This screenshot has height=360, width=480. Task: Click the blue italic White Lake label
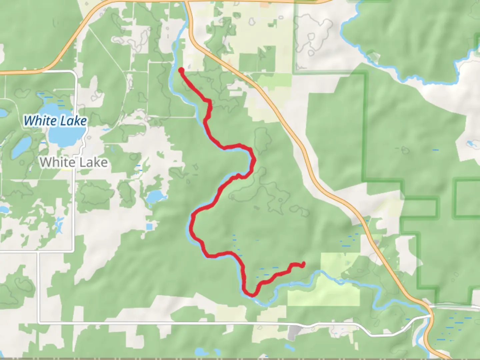pos(55,121)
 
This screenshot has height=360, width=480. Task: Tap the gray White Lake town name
pos(74,162)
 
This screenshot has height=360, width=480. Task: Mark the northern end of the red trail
pos(181,70)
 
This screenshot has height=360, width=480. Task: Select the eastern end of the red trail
pos(303,265)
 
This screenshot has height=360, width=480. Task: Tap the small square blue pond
pos(149,227)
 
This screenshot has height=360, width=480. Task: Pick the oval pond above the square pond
pos(155,197)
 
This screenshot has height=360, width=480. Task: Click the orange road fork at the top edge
pos(187,3)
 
